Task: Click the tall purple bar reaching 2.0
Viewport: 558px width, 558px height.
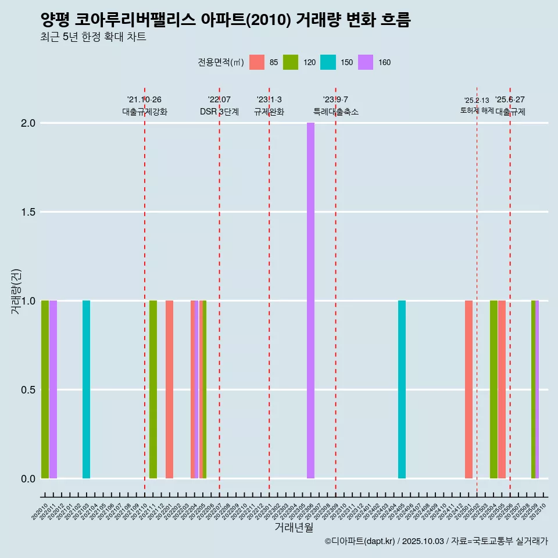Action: pos(310,301)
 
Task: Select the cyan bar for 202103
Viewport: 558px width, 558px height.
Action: pos(86,389)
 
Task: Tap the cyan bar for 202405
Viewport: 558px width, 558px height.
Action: pos(402,389)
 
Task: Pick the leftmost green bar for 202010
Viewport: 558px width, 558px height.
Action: pos(45,389)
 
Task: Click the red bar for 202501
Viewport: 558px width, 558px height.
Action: pos(468,389)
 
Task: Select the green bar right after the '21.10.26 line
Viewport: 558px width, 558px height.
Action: pos(153,389)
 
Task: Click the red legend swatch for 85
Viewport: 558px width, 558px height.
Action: pos(257,62)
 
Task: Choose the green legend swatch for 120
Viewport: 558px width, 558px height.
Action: pos(291,62)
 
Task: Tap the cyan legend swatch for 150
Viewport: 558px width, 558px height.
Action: pos(328,62)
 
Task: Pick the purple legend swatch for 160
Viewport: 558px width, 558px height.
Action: pos(366,62)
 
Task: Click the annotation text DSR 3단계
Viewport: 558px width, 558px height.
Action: pos(219,112)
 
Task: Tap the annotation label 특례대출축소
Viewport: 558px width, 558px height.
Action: pos(335,112)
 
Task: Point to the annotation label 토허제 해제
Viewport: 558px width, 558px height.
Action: pos(477,110)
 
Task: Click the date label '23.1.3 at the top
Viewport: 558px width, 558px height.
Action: pos(269,99)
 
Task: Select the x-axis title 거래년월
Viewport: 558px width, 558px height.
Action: pos(294,528)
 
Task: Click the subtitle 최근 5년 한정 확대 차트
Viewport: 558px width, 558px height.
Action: pos(93,37)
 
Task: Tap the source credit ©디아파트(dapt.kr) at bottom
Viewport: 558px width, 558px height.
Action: pos(360,541)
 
